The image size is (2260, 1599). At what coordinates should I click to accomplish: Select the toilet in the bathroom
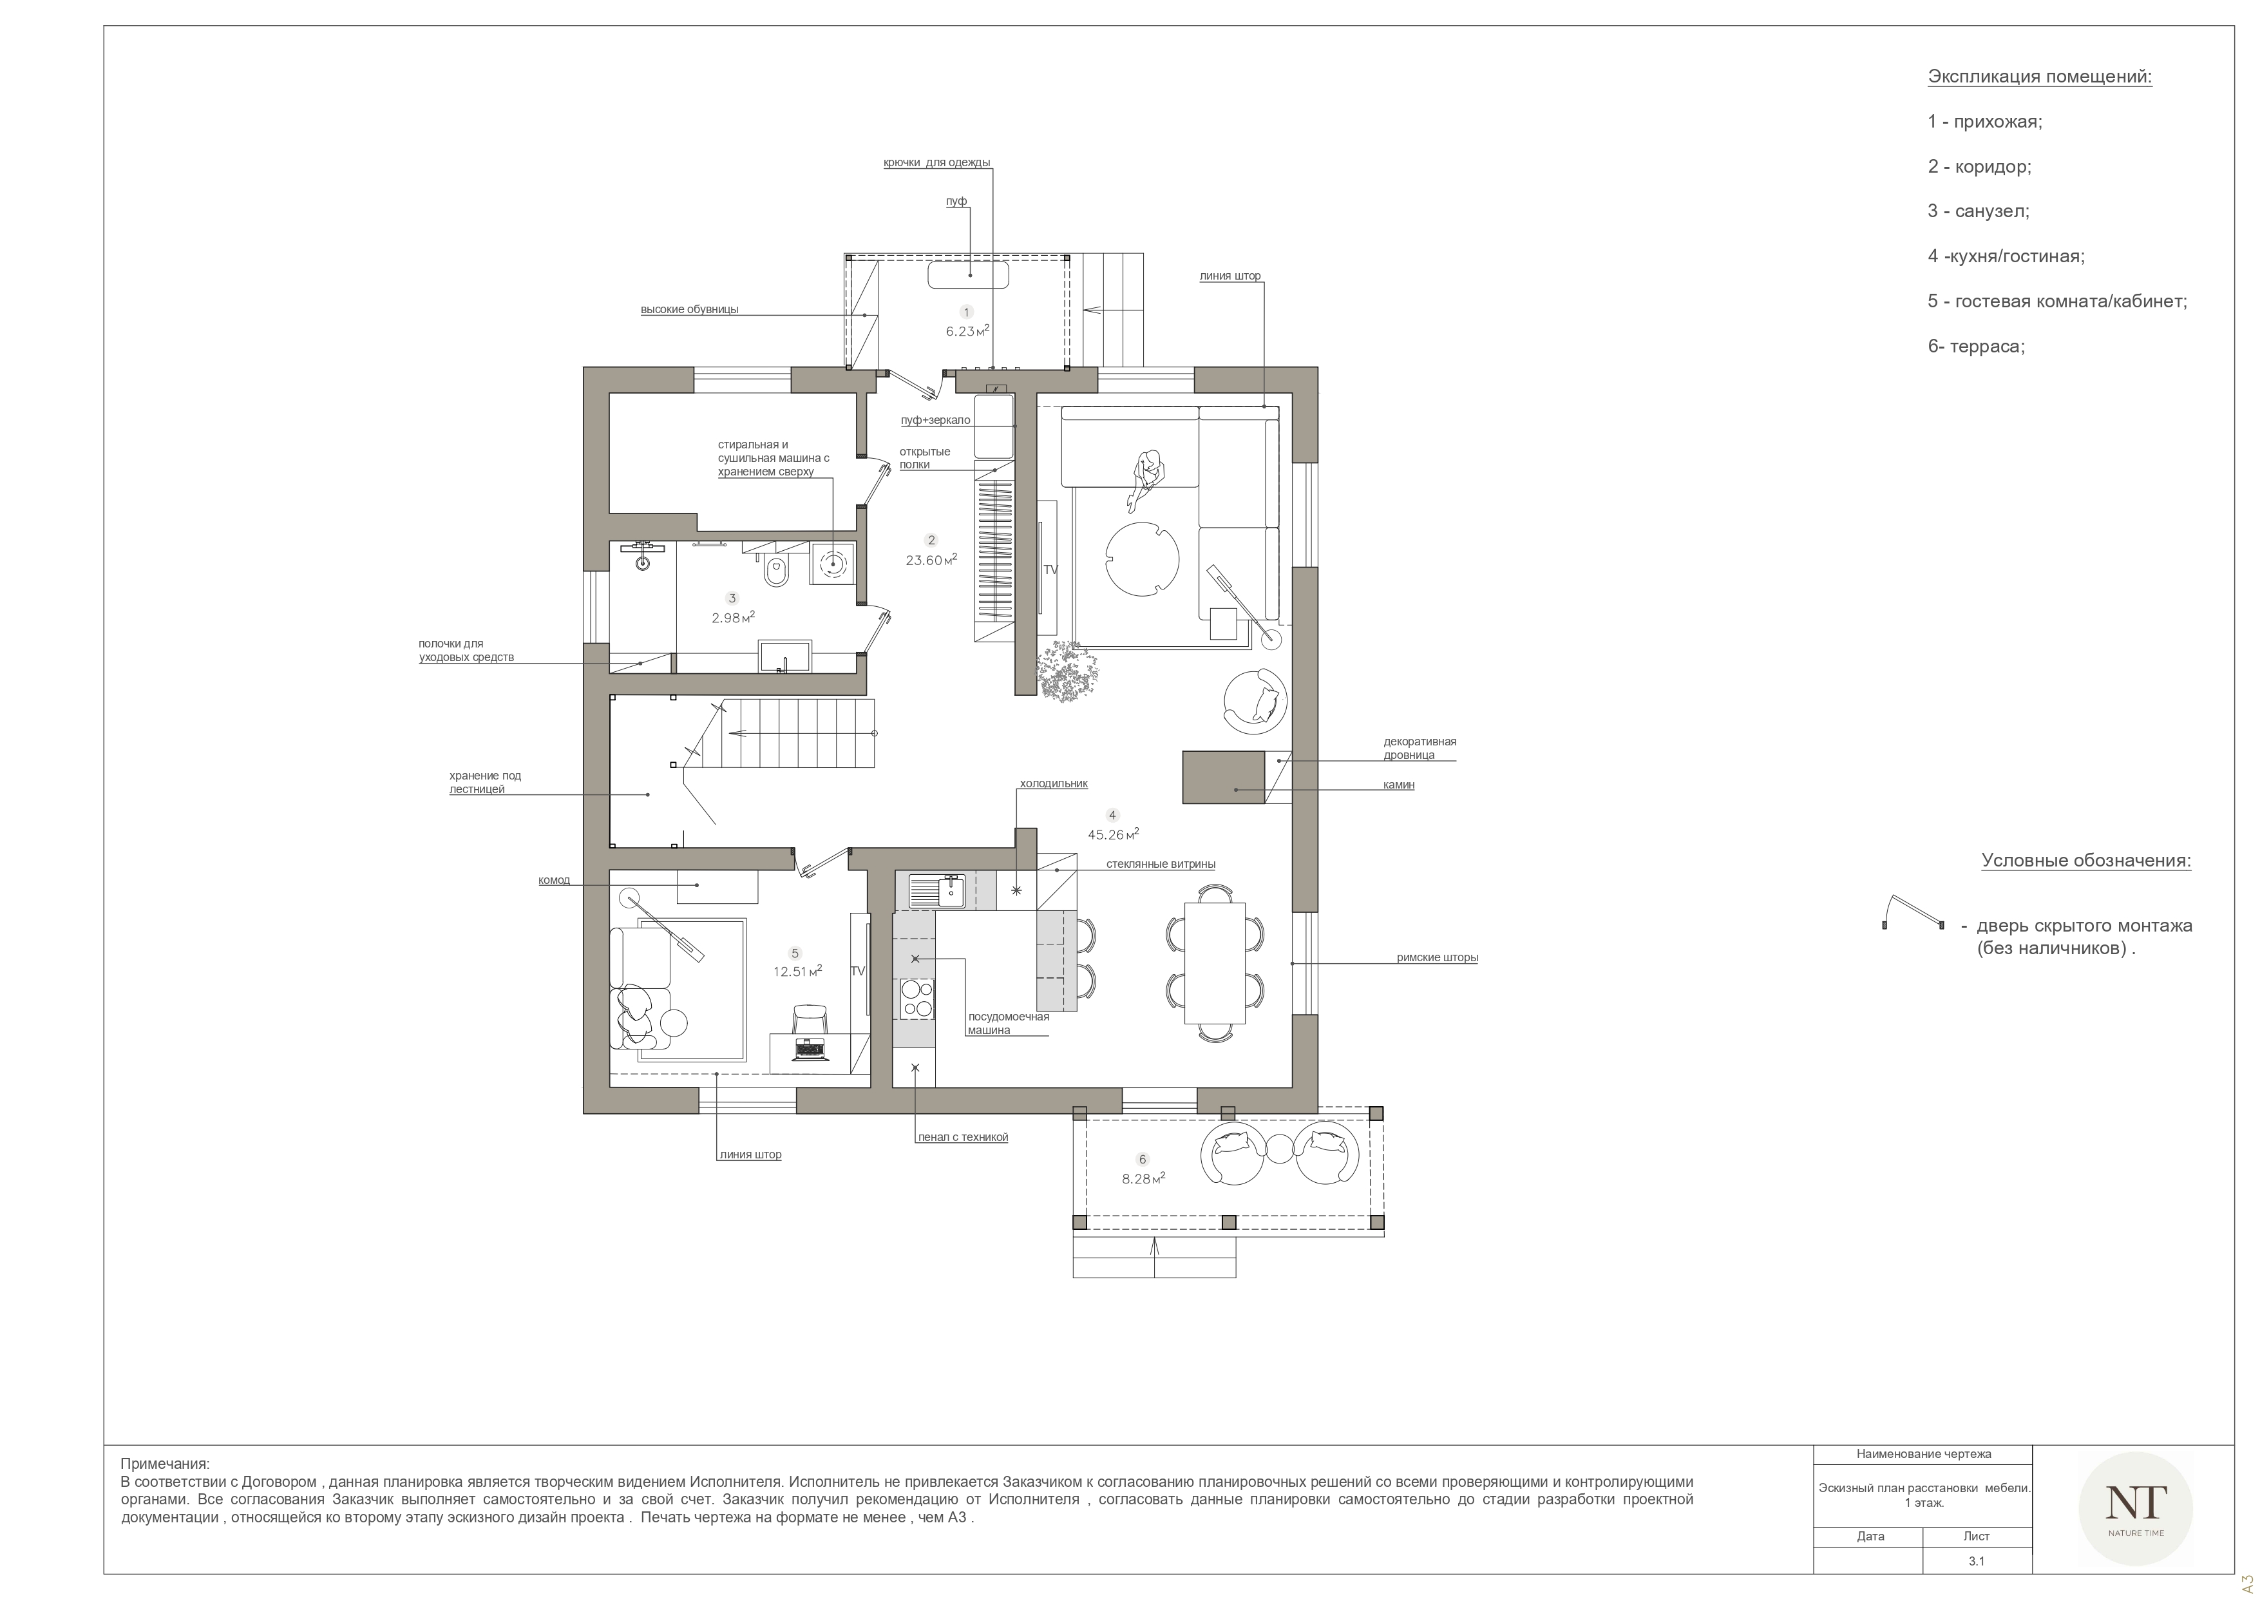pos(775,571)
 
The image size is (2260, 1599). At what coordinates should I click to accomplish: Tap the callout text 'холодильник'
pos(1053,784)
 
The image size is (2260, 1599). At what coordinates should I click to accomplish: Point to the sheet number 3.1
pos(1977,1562)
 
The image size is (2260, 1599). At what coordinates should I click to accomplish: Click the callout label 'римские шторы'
pos(1437,957)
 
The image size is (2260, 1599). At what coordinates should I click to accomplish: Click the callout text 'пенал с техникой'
pos(963,1137)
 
